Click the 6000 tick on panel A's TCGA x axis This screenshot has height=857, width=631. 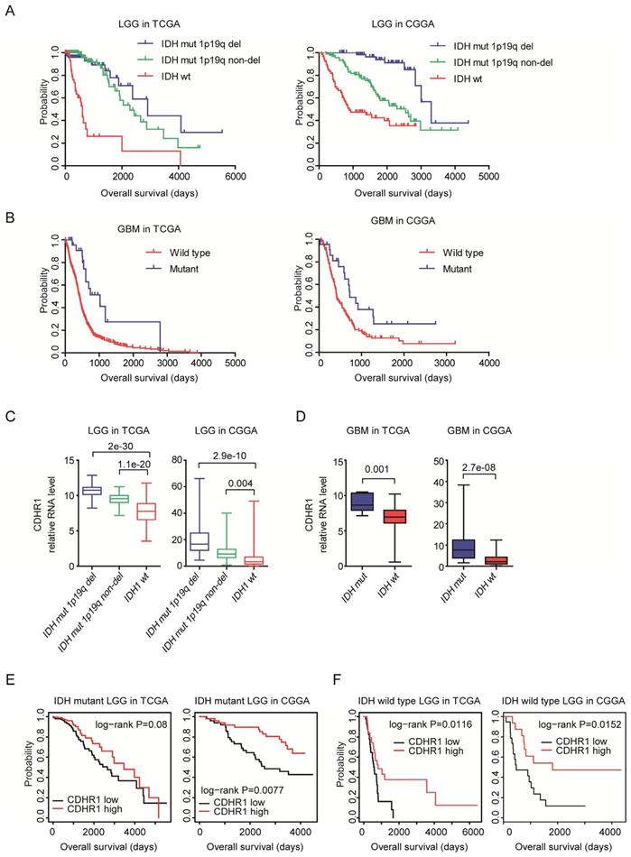coord(235,179)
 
